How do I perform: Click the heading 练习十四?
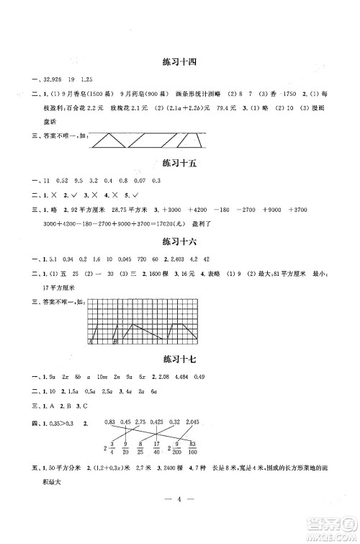click(x=180, y=63)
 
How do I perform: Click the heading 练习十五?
click(x=180, y=164)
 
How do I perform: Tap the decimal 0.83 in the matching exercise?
click(x=110, y=422)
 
